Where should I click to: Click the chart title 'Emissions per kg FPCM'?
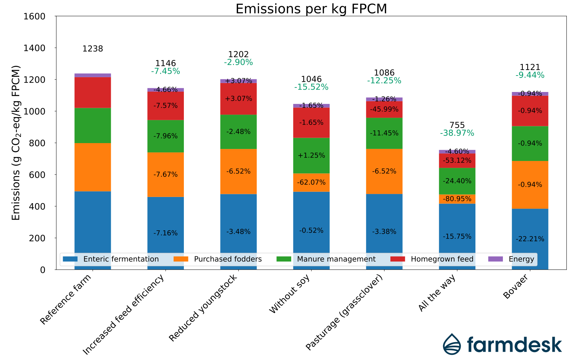point(311,9)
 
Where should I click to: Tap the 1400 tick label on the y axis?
point(34,48)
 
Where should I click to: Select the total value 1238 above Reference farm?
point(93,49)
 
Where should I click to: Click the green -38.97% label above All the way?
point(457,133)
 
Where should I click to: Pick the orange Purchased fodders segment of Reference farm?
point(93,167)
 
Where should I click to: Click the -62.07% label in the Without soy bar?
point(311,182)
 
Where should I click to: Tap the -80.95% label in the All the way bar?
point(457,199)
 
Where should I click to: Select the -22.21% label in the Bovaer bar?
point(530,239)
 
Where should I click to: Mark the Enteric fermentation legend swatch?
point(70,259)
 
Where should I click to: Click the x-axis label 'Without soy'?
point(290,294)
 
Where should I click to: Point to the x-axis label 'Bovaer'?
point(516,287)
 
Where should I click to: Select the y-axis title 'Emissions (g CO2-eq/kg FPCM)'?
point(16,142)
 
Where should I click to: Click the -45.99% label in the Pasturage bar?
point(384,109)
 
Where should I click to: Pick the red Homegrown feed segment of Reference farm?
point(93,93)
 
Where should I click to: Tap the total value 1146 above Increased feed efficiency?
point(165,63)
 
